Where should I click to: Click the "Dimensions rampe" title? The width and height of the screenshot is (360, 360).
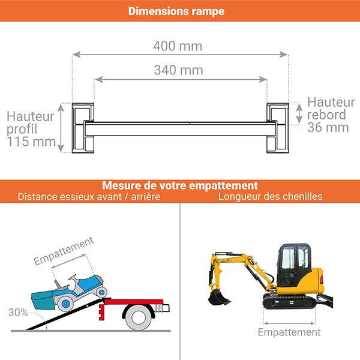[176, 11]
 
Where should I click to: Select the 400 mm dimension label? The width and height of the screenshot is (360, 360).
[178, 46]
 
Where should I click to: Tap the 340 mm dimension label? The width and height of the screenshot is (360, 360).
[178, 70]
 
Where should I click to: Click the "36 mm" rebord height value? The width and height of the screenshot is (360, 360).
[328, 127]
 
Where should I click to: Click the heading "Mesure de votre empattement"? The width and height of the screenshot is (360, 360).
[180, 185]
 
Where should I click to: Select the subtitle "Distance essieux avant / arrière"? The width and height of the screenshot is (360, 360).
[89, 197]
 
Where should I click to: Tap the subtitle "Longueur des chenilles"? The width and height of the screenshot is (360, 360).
[270, 197]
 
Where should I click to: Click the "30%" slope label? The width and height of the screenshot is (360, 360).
[17, 313]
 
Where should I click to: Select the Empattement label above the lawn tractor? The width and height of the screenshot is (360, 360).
[64, 251]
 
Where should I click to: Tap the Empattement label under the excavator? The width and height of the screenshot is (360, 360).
[289, 332]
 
